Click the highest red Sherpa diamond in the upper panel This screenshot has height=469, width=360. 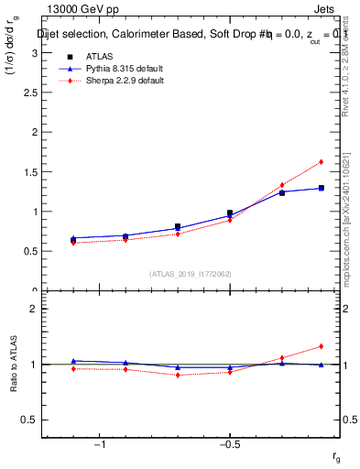[x=321, y=162]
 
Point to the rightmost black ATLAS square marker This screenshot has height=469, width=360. [x=321, y=188]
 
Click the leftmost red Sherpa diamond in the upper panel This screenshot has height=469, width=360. [x=73, y=243]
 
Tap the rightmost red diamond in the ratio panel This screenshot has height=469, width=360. [x=321, y=346]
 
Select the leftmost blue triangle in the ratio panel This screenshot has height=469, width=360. [x=73, y=361]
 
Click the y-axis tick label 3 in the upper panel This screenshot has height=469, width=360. [x=36, y=53]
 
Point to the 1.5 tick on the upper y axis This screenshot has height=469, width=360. [x=32, y=172]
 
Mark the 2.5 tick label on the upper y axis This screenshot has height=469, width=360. [x=32, y=93]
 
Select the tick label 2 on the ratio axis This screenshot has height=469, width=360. [x=36, y=309]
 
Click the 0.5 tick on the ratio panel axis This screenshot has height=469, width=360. [x=32, y=420]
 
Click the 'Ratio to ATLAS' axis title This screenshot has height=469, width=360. [x=14, y=364]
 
